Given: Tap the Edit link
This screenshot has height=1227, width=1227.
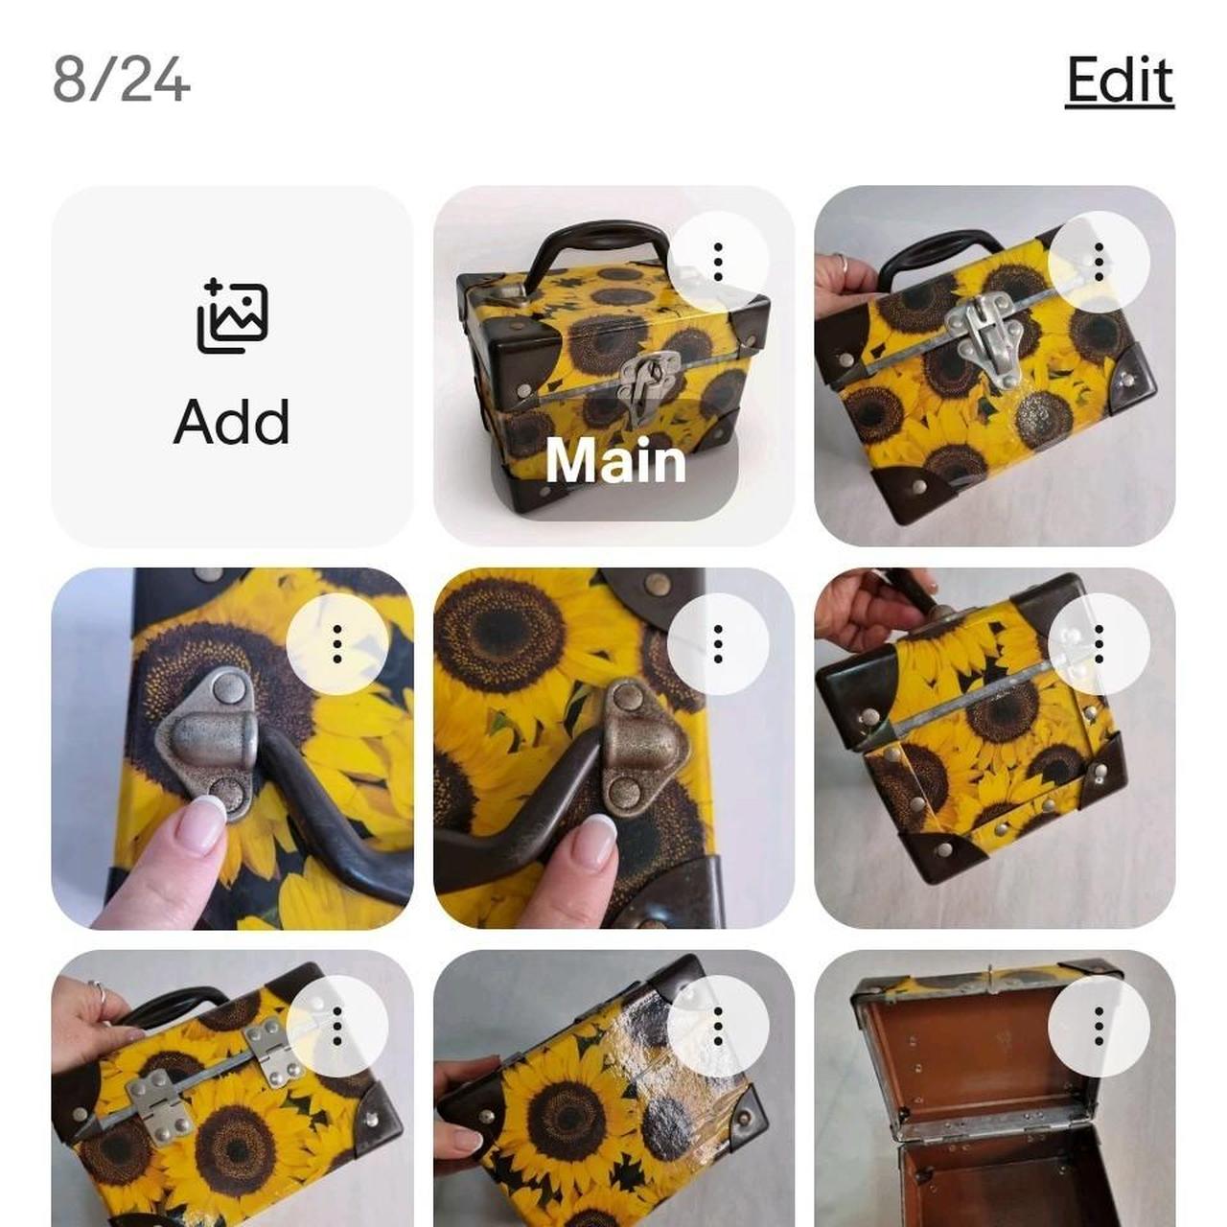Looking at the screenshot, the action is (x=1119, y=81).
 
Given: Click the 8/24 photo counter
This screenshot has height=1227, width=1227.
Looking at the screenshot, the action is (x=121, y=81).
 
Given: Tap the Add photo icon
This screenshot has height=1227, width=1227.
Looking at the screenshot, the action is (x=232, y=315).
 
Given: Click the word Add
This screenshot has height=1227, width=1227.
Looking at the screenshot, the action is (x=232, y=422).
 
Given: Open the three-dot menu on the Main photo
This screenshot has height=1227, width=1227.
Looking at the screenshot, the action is (x=718, y=262).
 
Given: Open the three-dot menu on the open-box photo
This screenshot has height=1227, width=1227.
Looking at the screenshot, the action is (x=1099, y=1026).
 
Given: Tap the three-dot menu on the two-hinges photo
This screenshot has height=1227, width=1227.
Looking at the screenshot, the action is (x=336, y=1026).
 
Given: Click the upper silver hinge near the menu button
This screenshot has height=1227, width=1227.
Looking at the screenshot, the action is (x=272, y=1052).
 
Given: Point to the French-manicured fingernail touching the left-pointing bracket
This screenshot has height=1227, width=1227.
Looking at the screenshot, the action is (x=200, y=821).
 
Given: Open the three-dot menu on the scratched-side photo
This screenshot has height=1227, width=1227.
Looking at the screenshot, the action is (x=718, y=1026).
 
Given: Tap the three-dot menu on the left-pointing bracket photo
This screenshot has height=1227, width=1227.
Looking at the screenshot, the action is (x=336, y=644).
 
